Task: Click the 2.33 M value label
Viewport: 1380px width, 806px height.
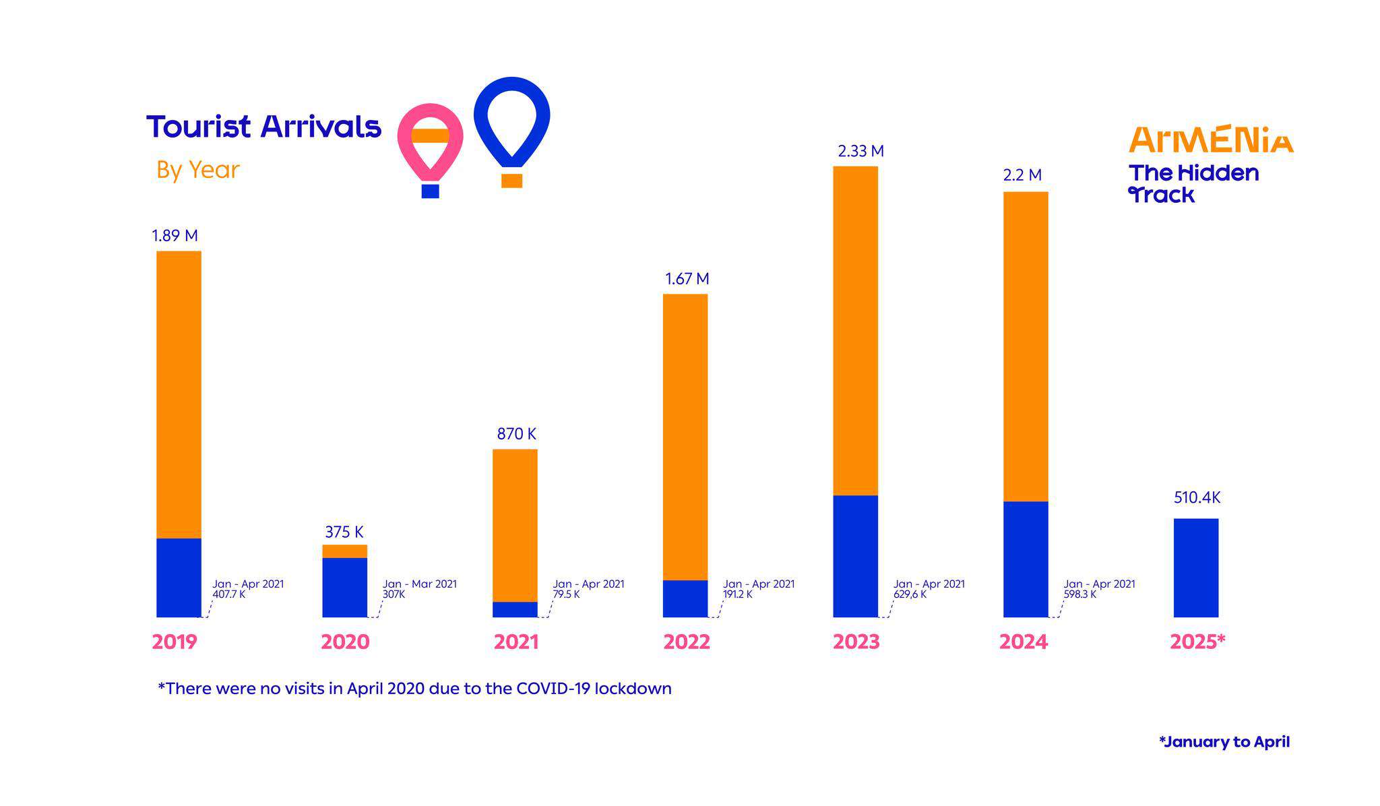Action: [x=860, y=152]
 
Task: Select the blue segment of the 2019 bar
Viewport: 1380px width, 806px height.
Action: [x=179, y=578]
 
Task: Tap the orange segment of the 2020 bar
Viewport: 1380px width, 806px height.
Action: [x=344, y=551]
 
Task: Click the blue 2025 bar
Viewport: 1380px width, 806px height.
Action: [x=1195, y=567]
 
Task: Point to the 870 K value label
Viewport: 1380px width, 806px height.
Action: [x=516, y=434]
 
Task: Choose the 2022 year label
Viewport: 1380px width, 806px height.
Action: [x=686, y=642]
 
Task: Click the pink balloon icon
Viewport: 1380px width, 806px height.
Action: [x=430, y=142]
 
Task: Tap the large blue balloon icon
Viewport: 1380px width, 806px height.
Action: [x=512, y=121]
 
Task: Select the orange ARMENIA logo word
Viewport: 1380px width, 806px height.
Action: [x=1210, y=139]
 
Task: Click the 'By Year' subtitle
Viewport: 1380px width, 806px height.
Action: [x=197, y=170]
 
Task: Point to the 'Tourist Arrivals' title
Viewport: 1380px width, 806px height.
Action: [x=263, y=127]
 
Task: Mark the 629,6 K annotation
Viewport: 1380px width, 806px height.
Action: [x=910, y=594]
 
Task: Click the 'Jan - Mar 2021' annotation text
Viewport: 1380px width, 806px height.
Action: [x=419, y=584]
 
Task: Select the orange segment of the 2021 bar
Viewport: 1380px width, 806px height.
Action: [x=515, y=525]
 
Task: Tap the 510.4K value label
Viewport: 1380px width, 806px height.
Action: [x=1197, y=498]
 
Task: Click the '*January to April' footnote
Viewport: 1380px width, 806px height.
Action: [x=1224, y=742]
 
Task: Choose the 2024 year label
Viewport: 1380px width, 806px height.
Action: [x=1023, y=642]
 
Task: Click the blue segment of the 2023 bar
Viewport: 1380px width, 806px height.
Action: [x=855, y=556]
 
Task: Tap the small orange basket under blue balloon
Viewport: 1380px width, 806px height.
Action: [x=511, y=181]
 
